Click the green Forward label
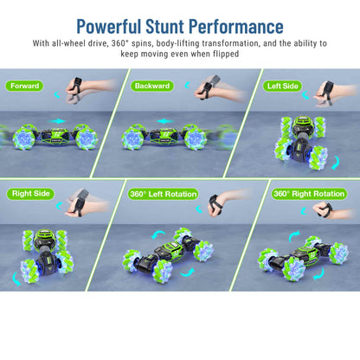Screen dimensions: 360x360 pyautogui.click(x=26, y=86)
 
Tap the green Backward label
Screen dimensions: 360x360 pyautogui.click(x=152, y=86)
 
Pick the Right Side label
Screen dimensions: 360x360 pyautogui.click(x=30, y=194)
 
